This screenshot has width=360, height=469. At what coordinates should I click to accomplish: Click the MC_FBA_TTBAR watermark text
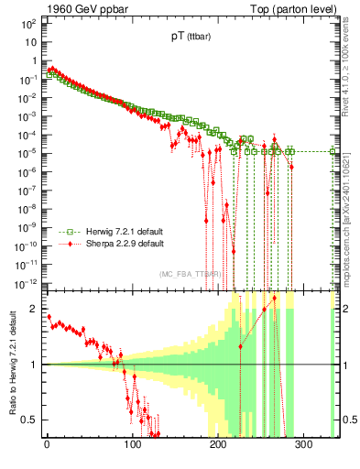190,274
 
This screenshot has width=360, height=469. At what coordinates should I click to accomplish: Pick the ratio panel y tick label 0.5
29,420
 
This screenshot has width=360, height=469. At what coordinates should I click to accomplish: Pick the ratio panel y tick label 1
33,365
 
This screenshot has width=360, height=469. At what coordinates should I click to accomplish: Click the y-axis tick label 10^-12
25,282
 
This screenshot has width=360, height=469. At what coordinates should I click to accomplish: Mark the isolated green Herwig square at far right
333,152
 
